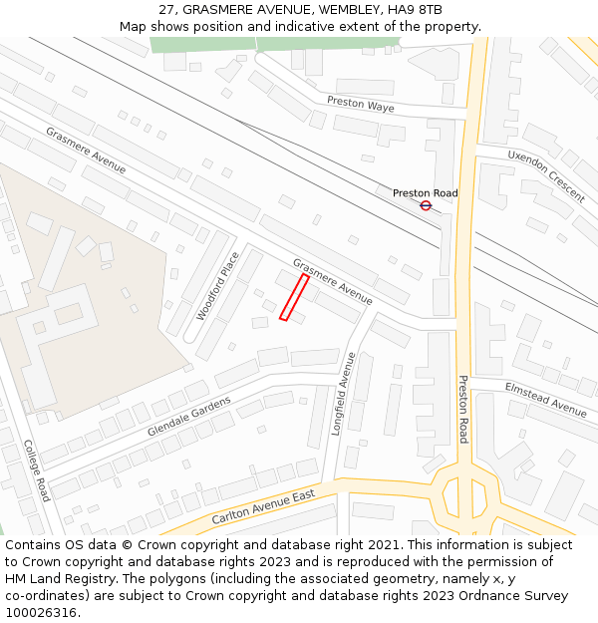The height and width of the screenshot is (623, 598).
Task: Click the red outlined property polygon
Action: point(294,298)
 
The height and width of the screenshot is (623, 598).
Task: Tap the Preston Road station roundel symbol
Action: point(426,205)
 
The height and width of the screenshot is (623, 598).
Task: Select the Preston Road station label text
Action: point(426,193)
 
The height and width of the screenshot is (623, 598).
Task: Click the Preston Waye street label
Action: point(362,104)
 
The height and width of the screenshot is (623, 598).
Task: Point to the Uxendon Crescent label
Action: point(545,175)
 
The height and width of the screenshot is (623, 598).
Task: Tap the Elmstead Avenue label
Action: point(545,399)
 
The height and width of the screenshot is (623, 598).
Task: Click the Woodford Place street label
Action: point(218,285)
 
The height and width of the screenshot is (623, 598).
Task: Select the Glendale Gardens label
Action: point(189,416)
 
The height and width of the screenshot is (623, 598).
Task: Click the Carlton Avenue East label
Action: point(263,508)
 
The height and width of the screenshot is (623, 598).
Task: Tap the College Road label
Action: point(37,469)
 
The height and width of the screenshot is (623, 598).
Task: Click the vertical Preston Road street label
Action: point(463,409)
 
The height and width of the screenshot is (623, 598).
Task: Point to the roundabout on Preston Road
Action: point(463,494)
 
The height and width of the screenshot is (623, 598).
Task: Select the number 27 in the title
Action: point(165,10)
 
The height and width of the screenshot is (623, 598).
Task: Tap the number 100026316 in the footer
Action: point(41,613)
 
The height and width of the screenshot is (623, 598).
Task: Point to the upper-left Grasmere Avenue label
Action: point(86,150)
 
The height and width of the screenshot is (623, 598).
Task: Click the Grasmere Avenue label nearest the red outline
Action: point(332,281)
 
